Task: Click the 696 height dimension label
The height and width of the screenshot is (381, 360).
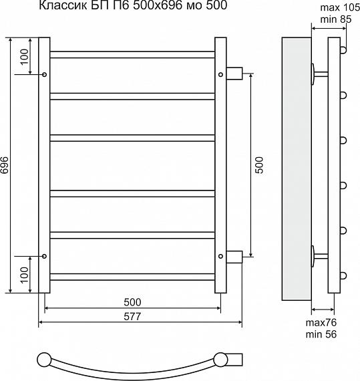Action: pos(5,165)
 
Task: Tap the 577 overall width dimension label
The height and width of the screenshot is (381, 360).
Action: pos(132,316)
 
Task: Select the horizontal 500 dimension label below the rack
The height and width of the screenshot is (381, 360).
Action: pos(132,302)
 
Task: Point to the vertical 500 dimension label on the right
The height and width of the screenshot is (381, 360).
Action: pos(259,165)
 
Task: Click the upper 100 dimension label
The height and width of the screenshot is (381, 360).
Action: pos(25,57)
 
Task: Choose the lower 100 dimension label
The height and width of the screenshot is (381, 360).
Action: pos(25,275)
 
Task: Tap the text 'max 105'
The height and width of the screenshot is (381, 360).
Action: pos(340,8)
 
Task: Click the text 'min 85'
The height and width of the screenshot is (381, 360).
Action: pos(336,19)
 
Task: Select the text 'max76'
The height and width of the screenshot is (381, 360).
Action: pos(321,323)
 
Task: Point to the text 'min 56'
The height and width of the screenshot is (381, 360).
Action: pos(321,334)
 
